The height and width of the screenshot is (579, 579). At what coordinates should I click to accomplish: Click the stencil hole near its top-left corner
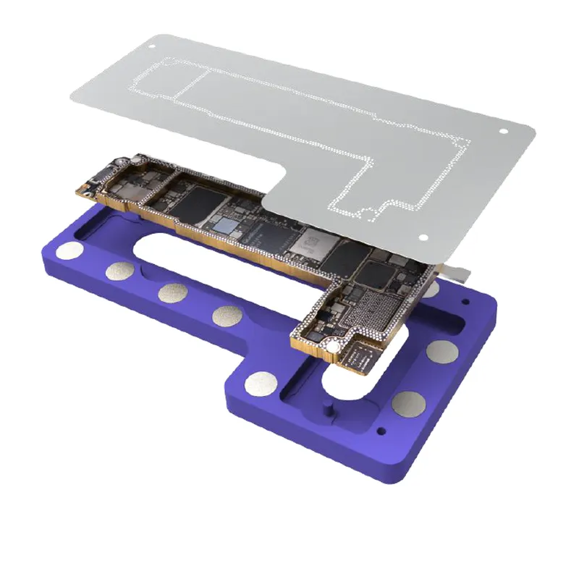tap(151, 45)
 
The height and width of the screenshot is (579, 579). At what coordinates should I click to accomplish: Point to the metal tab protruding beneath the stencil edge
tap(458, 272)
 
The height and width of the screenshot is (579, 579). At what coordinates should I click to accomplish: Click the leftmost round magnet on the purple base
tap(72, 251)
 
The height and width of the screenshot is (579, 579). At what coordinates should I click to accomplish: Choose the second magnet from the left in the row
tap(117, 272)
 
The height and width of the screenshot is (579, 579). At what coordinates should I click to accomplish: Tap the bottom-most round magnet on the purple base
tap(409, 403)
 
